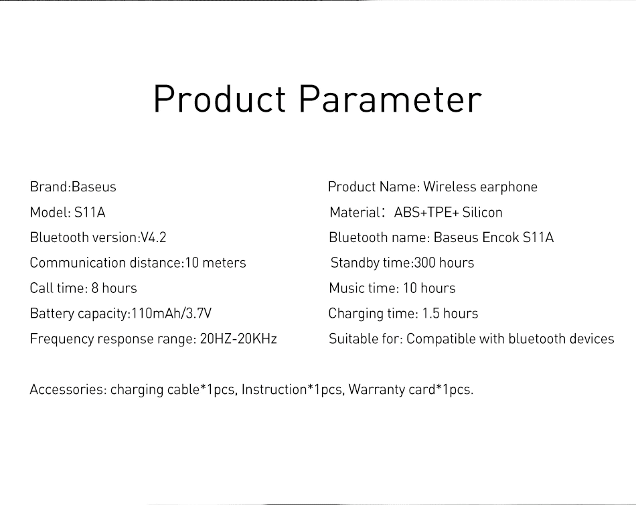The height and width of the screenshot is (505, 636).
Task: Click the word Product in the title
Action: pyautogui.click(x=220, y=99)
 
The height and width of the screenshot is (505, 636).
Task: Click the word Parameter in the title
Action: pyautogui.click(x=390, y=99)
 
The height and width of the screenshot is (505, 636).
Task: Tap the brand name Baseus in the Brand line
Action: pyautogui.click(x=94, y=187)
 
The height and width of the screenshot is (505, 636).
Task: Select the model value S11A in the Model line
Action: pyautogui.click(x=90, y=212)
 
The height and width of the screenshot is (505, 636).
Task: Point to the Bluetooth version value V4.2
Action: pyautogui.click(x=153, y=237)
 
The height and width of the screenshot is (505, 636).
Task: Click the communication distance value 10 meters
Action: pyautogui.click(x=216, y=263)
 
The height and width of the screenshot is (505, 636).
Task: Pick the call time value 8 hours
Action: pyautogui.click(x=114, y=288)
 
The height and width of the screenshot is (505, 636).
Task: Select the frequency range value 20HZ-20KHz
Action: pyautogui.click(x=238, y=339)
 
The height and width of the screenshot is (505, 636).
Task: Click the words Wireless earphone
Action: pyautogui.click(x=480, y=187)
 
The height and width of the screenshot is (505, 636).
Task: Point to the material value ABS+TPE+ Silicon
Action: pyautogui.click(x=448, y=212)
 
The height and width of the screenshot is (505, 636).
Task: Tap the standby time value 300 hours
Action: pyautogui.click(x=444, y=263)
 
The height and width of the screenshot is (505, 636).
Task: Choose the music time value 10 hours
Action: pyautogui.click(x=429, y=288)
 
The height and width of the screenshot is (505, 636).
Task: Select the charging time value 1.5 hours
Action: pyautogui.click(x=451, y=313)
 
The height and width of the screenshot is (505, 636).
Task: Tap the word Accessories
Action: pyautogui.click(x=68, y=389)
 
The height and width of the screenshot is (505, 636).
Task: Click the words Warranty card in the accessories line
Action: pyautogui.click(x=392, y=389)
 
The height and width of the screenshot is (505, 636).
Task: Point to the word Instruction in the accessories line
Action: pyautogui.click(x=274, y=389)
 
